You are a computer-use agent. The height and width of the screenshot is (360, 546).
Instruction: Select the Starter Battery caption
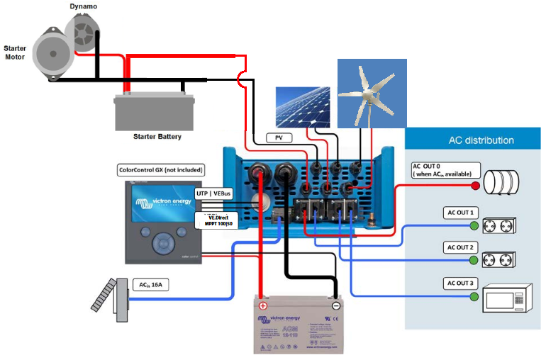157,136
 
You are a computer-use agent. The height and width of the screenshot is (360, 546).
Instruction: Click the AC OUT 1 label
461,213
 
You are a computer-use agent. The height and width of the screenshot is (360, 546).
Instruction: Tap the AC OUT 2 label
461,247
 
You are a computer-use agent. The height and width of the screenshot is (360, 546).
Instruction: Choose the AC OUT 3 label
461,283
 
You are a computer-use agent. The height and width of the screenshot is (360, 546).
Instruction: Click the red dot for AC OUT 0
476,186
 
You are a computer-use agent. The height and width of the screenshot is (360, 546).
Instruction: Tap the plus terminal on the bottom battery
262,306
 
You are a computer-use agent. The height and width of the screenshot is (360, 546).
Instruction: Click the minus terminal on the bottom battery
335,306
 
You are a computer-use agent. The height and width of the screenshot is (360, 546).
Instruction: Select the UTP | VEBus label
216,193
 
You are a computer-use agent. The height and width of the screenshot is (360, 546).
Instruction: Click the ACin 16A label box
151,285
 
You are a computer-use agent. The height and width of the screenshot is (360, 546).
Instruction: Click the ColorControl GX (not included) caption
160,170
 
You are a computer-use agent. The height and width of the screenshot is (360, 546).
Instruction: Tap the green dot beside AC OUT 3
474,297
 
